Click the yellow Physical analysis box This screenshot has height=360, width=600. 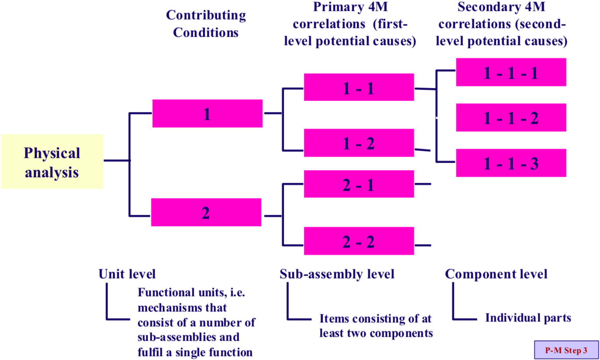point(52,161)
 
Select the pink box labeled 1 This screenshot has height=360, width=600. point(207,114)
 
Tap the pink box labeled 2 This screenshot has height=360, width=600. point(206,213)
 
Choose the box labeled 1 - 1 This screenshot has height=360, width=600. point(359,87)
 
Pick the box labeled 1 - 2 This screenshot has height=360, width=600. point(359,143)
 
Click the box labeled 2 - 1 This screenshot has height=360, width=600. point(359,184)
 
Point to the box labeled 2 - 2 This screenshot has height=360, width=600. point(359,241)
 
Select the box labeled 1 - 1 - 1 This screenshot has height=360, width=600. point(511,72)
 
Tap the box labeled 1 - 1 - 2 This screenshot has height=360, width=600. point(511,118)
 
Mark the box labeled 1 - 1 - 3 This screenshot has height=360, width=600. point(511,163)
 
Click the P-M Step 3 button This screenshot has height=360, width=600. point(566,350)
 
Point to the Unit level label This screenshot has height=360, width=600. point(127,274)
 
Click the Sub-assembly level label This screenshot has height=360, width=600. point(337,274)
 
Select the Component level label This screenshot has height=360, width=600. point(496,274)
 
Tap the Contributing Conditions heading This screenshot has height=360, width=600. point(206,24)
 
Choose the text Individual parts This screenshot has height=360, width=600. point(528,318)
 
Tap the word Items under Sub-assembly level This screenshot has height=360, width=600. point(334,318)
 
